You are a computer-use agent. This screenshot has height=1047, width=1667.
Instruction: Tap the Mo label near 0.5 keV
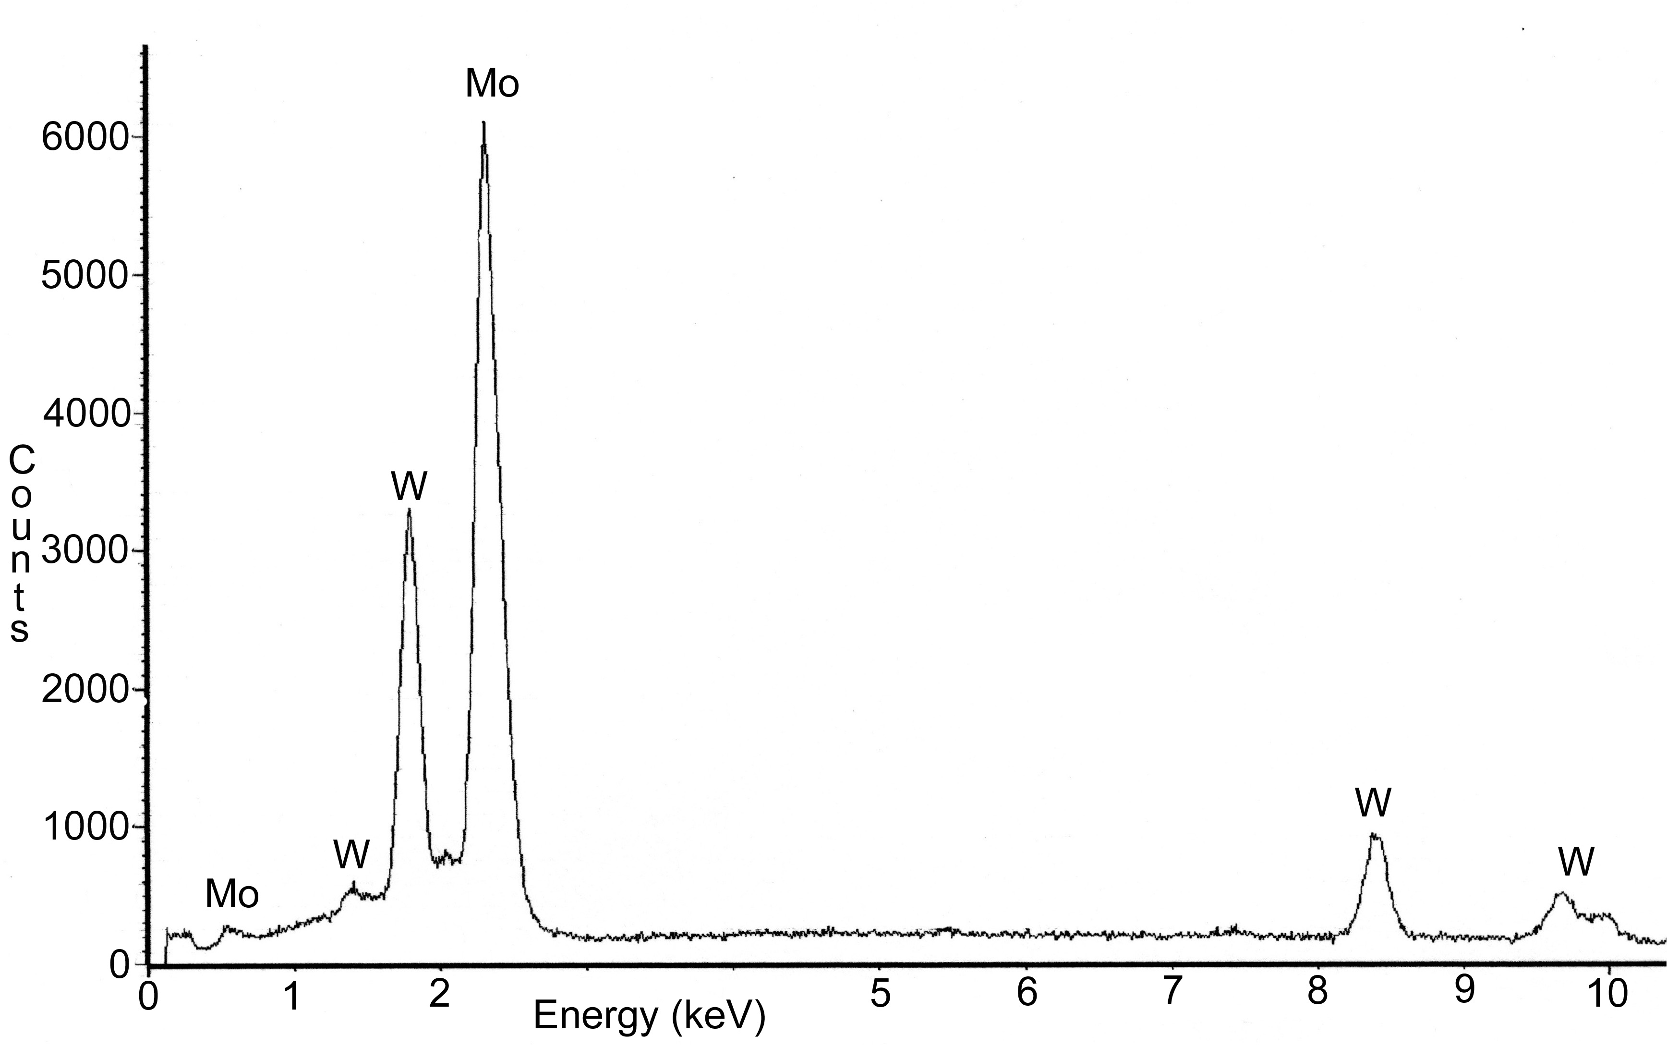pos(232,895)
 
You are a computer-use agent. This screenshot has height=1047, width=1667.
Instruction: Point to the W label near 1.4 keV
pos(351,855)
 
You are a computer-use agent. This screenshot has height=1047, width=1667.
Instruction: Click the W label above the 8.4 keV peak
pos(1373,803)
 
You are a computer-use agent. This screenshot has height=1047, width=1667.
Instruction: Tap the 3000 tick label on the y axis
pos(85,552)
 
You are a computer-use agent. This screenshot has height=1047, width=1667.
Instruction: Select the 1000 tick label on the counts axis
pos(85,828)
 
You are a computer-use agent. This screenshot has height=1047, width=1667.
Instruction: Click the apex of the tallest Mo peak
pos(484,123)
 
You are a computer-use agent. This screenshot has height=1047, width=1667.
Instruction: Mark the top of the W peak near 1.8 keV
pos(409,511)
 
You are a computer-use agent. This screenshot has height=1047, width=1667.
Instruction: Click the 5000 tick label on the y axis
pos(85,276)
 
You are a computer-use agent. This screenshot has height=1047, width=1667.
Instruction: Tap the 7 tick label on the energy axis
pos(1171,992)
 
